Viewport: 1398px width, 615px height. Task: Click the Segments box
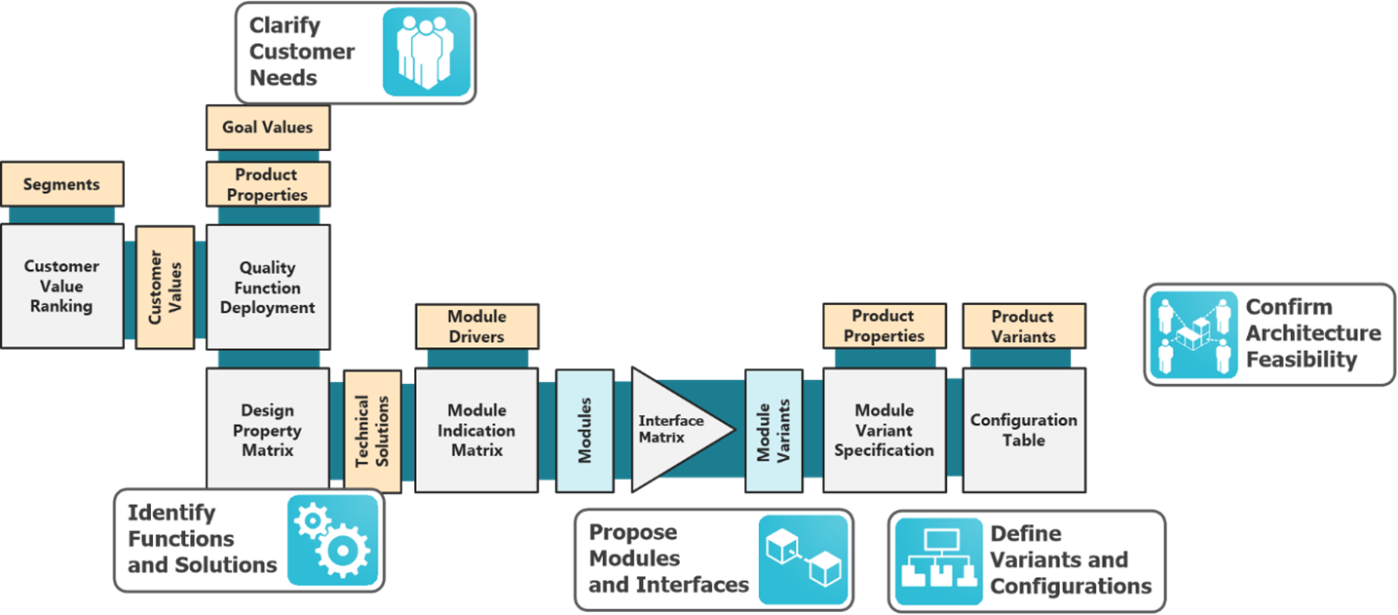(x=61, y=184)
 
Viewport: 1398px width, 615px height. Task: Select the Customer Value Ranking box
(x=61, y=286)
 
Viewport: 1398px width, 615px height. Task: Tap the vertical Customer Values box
(x=166, y=288)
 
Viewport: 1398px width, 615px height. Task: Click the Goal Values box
(x=267, y=128)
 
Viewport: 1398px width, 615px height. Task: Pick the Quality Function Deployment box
(x=267, y=288)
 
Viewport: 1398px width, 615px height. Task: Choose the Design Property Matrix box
(x=267, y=430)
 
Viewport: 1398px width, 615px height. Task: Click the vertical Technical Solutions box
(x=372, y=430)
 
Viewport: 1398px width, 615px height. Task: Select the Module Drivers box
(x=476, y=327)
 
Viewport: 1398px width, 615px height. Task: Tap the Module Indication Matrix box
(x=476, y=430)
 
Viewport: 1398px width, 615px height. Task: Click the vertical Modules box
(x=585, y=430)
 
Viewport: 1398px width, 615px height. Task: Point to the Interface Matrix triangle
(x=672, y=430)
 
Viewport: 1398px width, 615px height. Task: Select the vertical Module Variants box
(x=774, y=430)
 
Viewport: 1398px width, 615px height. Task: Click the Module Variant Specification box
(x=884, y=430)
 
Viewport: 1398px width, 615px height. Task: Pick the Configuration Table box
(x=1023, y=430)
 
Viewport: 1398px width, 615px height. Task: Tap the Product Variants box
(x=1023, y=327)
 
